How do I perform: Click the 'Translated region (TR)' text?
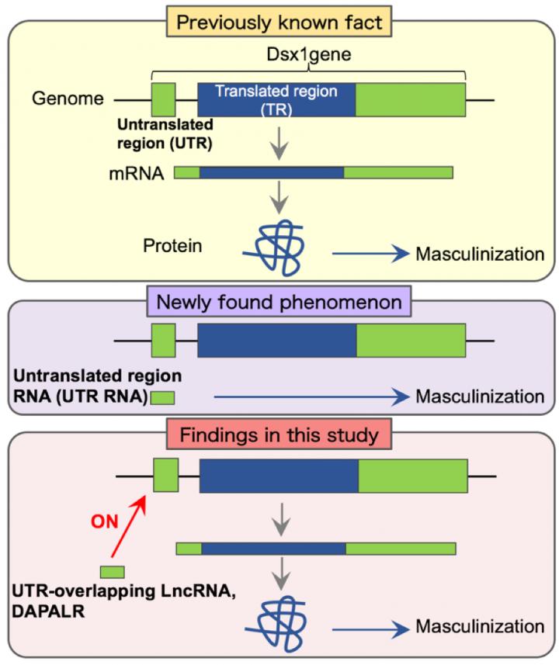click(x=276, y=99)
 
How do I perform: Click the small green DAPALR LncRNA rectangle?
click(x=113, y=573)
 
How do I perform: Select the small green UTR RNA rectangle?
click(x=162, y=398)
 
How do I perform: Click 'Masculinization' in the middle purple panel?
click(x=479, y=397)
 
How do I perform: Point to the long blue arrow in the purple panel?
click(x=311, y=397)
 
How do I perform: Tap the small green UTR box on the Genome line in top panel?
click(x=163, y=99)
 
